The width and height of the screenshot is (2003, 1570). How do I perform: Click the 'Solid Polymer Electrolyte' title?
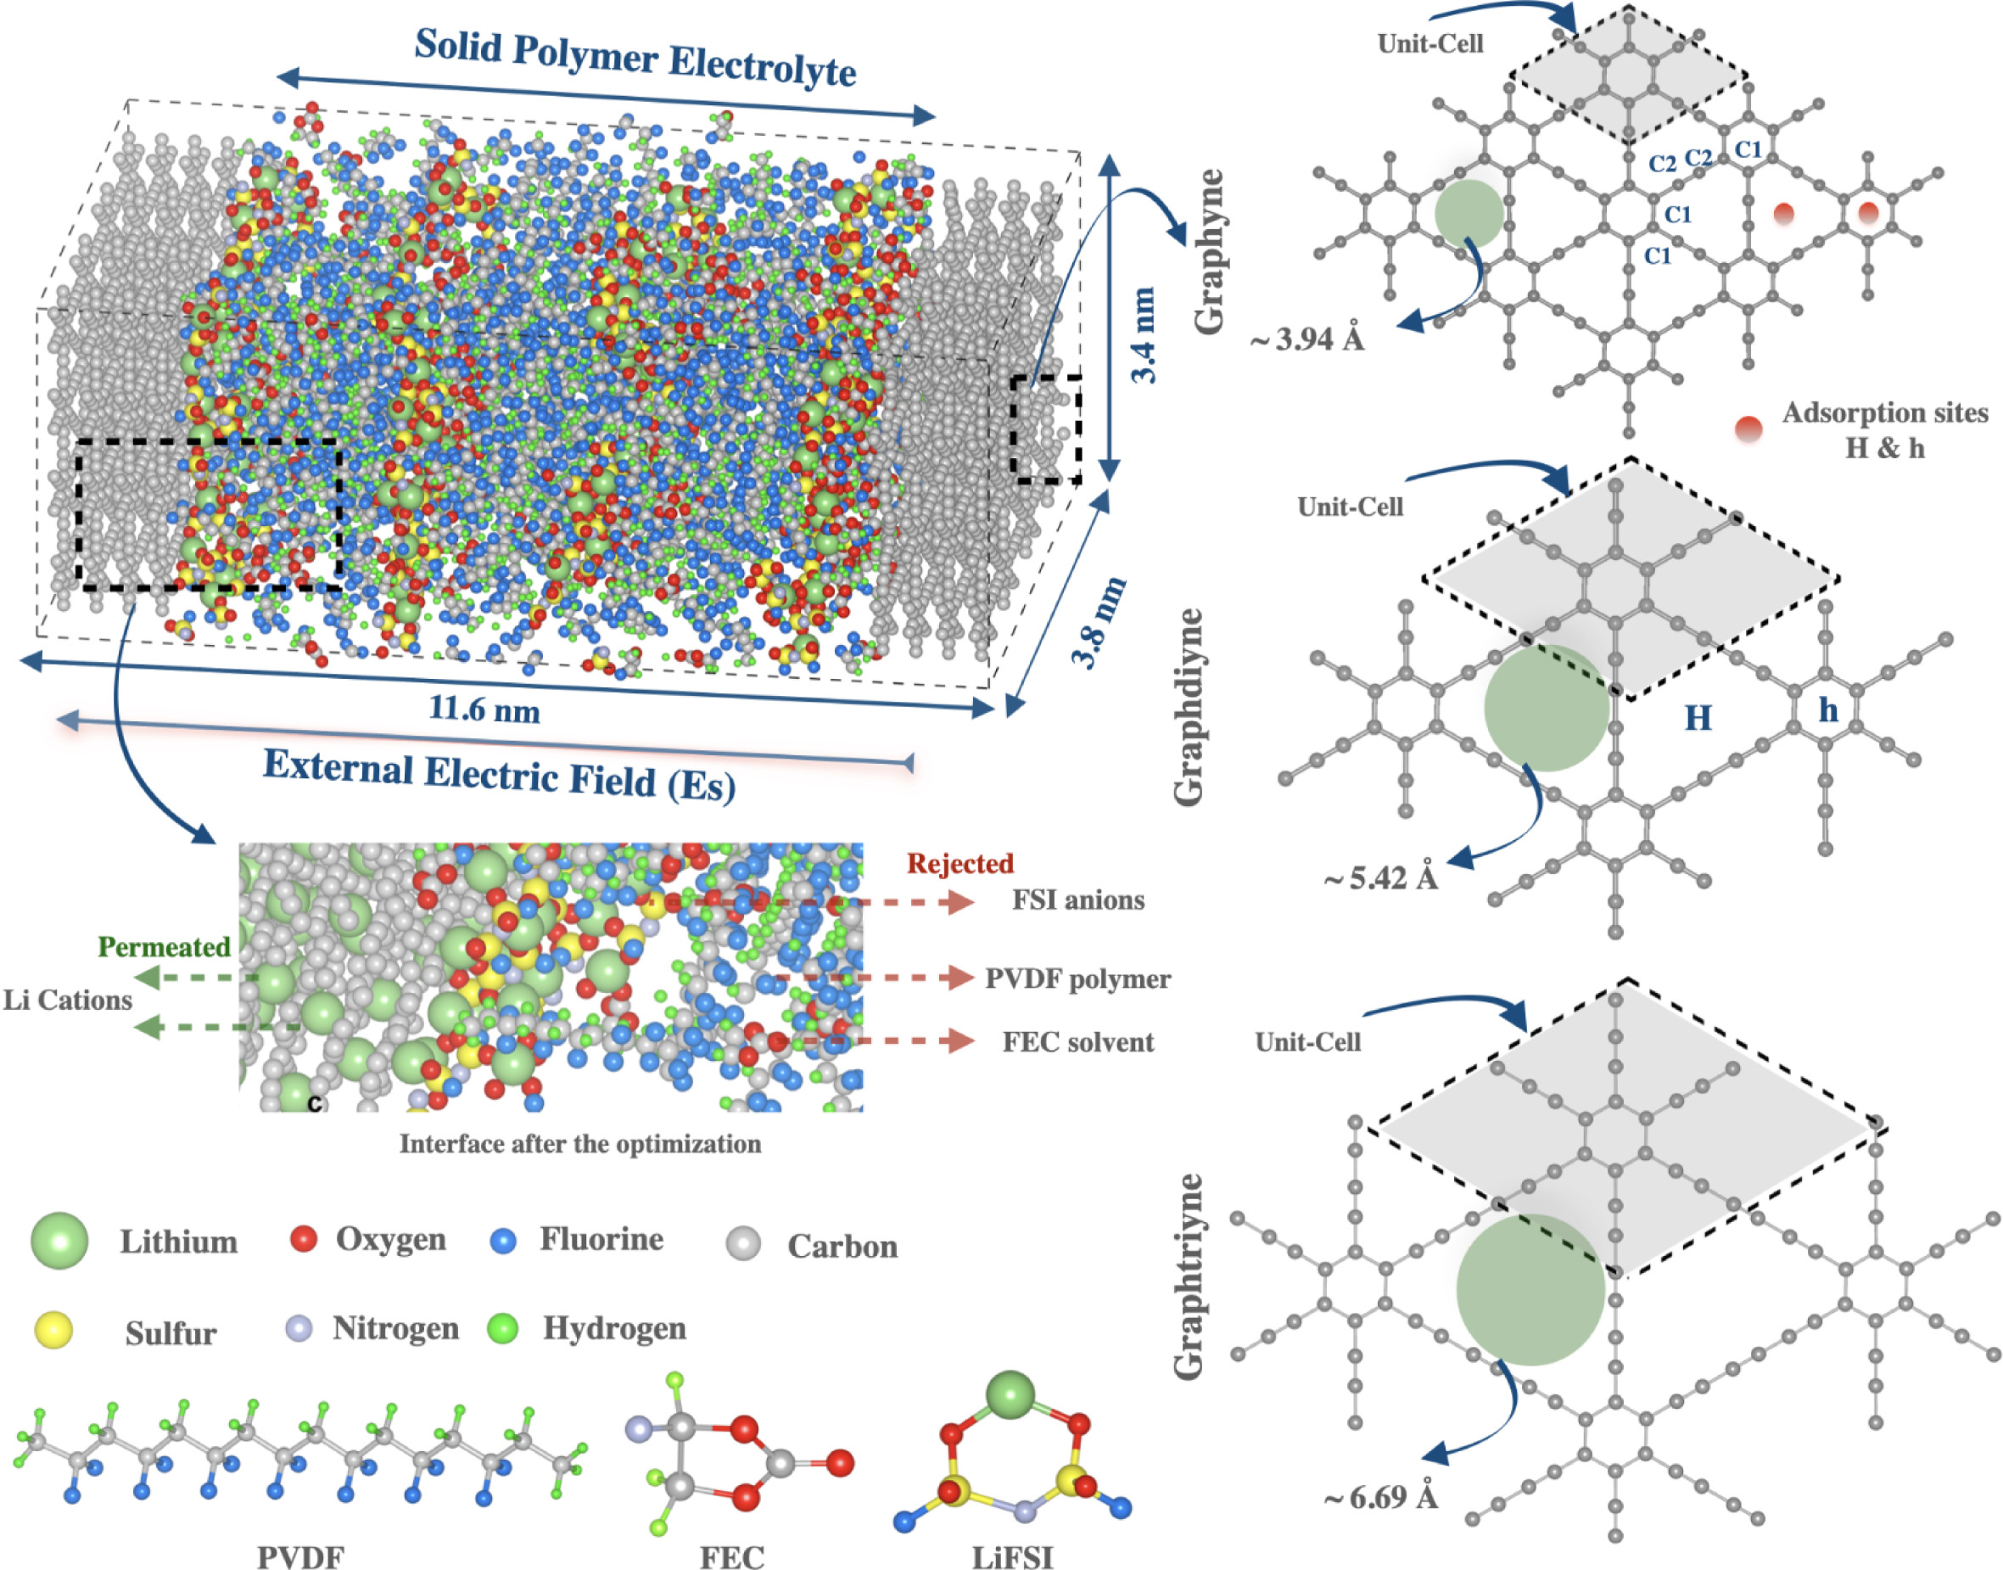(635, 58)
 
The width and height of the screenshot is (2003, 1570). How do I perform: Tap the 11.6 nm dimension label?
(484, 709)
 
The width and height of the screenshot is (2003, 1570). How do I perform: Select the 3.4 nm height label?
(1144, 335)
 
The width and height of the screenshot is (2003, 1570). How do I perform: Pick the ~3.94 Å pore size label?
(1307, 340)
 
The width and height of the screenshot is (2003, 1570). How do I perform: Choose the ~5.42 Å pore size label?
(1380, 878)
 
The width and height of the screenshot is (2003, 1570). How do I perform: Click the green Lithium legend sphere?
(59, 1240)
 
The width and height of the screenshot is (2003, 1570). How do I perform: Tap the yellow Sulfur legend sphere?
(53, 1330)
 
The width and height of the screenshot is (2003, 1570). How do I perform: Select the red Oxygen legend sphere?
(303, 1239)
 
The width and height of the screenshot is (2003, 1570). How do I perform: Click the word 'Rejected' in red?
(960, 863)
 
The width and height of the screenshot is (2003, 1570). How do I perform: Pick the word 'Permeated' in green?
(165, 947)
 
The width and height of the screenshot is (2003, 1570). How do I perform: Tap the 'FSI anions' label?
(1077, 900)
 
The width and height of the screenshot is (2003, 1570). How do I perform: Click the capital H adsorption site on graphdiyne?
(1698, 717)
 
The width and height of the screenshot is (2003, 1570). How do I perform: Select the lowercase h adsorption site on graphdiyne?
(1828, 709)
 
